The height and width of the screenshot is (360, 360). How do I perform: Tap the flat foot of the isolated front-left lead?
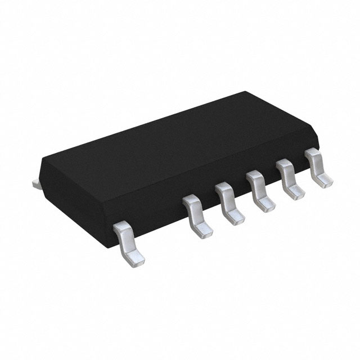[134, 256]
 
